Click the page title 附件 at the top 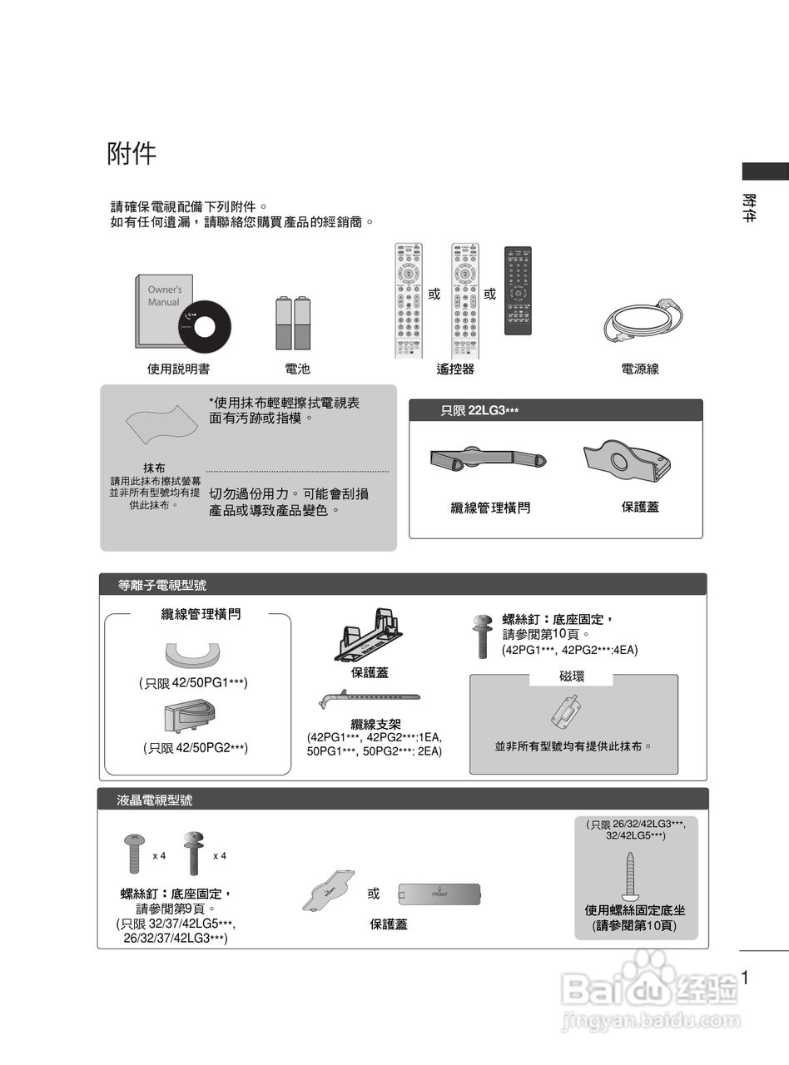tap(131, 154)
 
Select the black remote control tap(518, 290)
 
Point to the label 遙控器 tap(455, 369)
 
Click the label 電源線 tap(640, 369)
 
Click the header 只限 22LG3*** tap(479, 410)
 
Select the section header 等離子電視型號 tap(162, 586)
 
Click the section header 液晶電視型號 tap(156, 800)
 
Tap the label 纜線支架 tap(376, 724)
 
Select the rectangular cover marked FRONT tap(439, 894)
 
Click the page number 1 tap(745, 978)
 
